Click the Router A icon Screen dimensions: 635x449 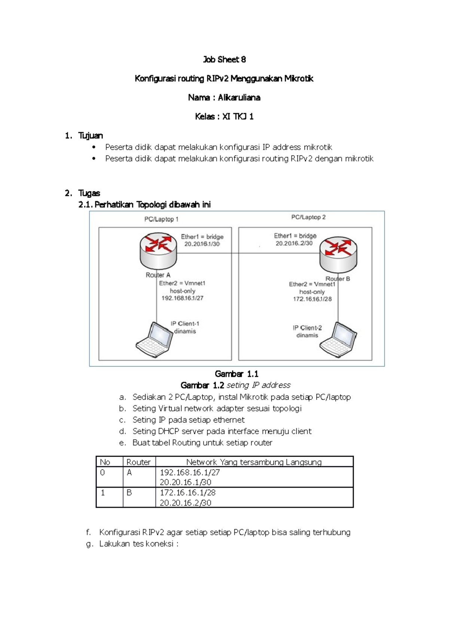158,248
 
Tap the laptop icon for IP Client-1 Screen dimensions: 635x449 154,340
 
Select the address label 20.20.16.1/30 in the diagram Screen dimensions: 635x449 202,244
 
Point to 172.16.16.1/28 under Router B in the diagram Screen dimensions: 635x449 312,299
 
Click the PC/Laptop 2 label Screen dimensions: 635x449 308,217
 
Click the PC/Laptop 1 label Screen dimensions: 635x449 161,220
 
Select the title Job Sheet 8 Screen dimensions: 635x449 224,59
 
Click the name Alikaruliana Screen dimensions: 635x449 239,98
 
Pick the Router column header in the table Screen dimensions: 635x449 138,462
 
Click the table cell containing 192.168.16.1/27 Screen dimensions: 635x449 190,473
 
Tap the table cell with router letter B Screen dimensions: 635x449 129,493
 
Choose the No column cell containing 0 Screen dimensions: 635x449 103,473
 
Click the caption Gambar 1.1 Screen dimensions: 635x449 236,374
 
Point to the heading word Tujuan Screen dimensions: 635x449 90,136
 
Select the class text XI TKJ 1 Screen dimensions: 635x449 238,117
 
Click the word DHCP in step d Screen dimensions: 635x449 169,432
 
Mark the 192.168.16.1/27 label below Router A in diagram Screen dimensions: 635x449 182,298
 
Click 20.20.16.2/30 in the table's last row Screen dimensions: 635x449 186,503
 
